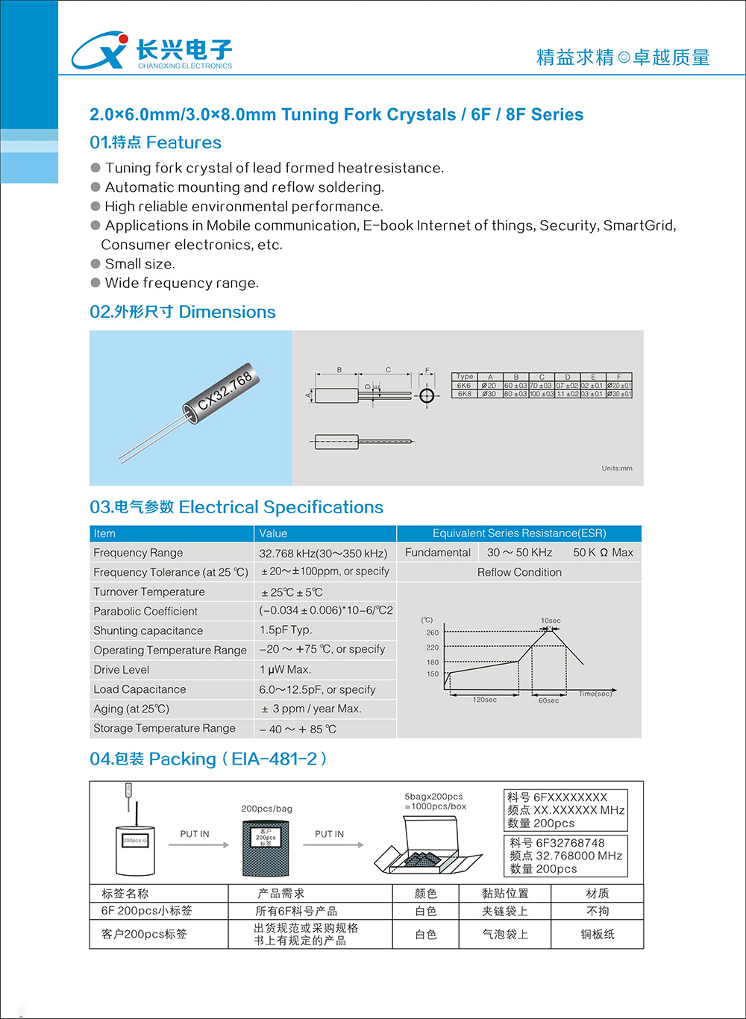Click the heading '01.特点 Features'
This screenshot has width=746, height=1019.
155,142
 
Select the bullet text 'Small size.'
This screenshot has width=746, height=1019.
140,264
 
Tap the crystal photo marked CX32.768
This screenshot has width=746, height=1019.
191,409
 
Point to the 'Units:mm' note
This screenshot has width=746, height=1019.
617,468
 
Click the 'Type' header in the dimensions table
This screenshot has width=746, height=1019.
464,377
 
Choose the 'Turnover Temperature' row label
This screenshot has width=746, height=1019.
149,592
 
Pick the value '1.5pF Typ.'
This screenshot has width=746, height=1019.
286,630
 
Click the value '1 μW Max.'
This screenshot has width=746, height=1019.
285,670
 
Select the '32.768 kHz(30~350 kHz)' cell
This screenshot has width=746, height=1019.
323,554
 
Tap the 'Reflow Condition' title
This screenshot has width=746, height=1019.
519,572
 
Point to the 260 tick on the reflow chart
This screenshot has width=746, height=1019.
433,633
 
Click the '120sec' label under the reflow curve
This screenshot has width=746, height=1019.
484,700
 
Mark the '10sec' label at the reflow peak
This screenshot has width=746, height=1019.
551,621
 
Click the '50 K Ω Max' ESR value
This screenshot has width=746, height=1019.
603,553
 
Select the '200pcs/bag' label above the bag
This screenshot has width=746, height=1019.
266,809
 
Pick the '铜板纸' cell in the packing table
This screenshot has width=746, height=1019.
598,934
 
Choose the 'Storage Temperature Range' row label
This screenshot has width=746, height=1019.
164,728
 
